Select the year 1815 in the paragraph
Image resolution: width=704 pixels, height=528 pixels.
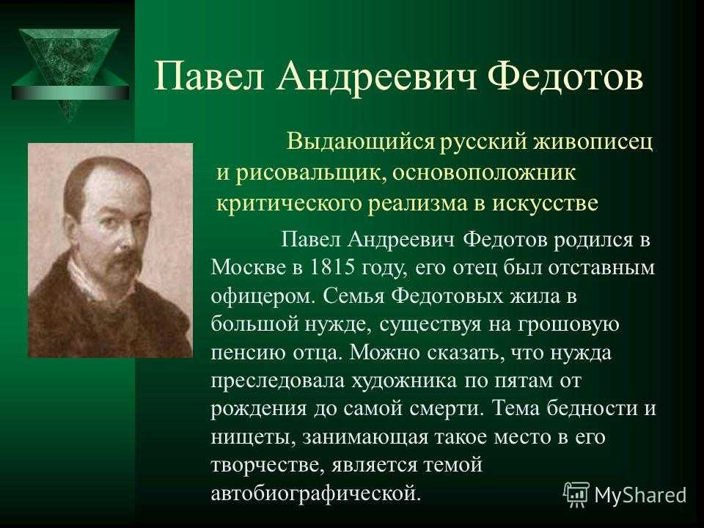pos(329,268)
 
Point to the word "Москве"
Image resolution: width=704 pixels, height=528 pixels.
pos(249,268)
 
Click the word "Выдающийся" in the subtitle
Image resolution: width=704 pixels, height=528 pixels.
pos(361,142)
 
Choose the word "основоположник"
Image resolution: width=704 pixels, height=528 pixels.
pos(484,173)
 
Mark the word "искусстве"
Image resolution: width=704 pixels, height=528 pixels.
pos(546,203)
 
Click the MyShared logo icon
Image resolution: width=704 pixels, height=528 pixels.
pos(576,494)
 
